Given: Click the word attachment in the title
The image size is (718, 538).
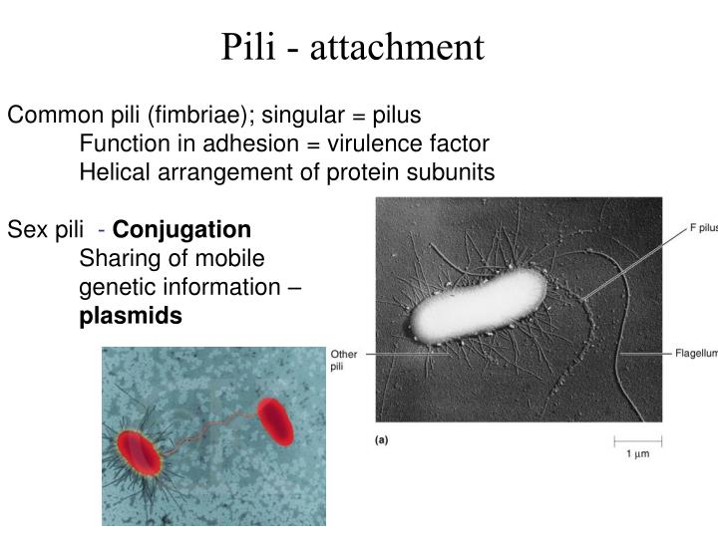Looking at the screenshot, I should tap(397, 47).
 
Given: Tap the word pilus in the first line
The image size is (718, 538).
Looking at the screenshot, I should tap(395, 115).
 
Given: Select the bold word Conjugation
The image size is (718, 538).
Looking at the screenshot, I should tap(182, 230).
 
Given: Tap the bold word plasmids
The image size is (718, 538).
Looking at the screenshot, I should tap(131, 316).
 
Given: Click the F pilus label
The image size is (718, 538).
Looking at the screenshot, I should tap(701, 227).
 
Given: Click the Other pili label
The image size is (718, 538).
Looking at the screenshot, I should tap(343, 360).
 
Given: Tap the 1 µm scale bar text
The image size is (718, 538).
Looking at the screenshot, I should tap(637, 454).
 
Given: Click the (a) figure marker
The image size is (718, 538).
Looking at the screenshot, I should tap(382, 439).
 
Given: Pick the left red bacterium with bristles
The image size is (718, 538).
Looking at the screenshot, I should tap(140, 453).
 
